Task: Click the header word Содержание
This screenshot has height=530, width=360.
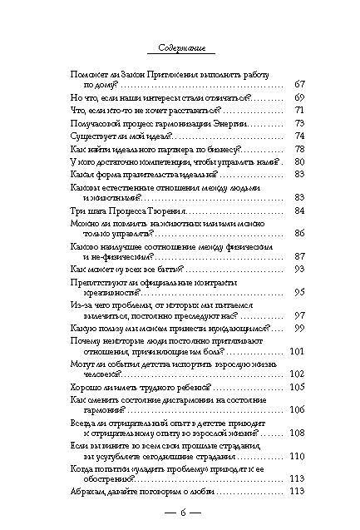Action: [180, 47]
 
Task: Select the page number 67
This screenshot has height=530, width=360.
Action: [300, 84]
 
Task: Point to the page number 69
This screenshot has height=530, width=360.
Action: [300, 97]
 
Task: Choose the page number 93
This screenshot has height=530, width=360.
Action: [300, 270]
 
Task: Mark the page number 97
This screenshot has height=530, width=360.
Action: [300, 317]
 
